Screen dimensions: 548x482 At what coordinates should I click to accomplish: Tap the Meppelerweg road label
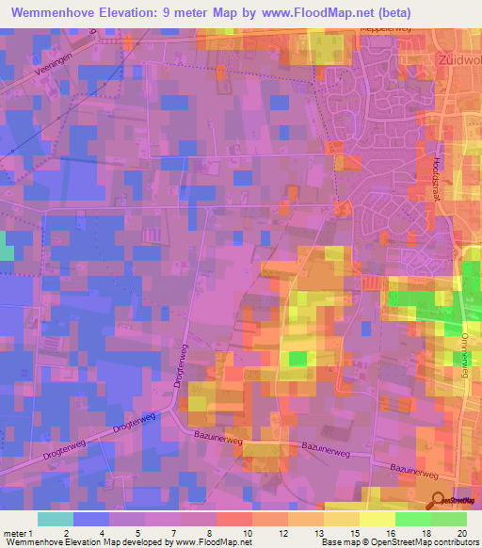384,29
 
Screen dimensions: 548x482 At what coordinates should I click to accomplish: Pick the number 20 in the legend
460,533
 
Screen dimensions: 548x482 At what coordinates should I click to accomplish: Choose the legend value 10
246,533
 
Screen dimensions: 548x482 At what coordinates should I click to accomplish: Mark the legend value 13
353,533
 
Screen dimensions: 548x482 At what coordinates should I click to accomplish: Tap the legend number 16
389,533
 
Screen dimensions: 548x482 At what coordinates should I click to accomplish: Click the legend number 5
138,533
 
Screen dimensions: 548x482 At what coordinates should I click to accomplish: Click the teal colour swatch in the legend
55,519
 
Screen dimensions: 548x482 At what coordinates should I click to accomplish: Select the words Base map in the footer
335,542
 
